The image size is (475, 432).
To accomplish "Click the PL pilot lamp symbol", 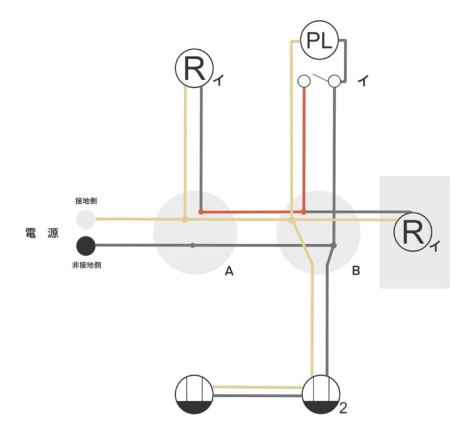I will coord(319,41).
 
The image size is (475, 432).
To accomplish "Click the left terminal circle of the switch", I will coord(304,80).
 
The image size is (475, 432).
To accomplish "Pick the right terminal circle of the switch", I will coord(335,80).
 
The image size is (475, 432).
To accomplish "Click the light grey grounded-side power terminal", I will coord(86,219).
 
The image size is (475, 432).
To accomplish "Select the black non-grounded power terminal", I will coord(86,245).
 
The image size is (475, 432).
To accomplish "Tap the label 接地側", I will coord(85,201).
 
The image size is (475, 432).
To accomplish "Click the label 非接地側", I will coord(86,265).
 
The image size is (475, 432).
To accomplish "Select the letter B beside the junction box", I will coord(356,271).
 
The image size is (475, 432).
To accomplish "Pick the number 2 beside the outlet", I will coord(343,408).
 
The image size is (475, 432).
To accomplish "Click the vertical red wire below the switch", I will coord(304,148).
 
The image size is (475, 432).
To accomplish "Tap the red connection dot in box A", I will coord(201,212).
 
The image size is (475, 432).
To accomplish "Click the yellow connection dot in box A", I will coord(185,219).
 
